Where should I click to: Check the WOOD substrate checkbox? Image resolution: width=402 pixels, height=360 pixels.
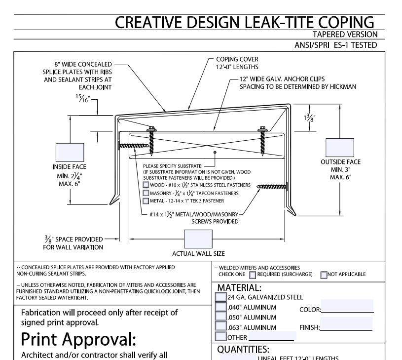(x=146, y=185)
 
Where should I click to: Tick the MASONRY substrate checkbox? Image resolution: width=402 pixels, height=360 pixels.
(x=146, y=193)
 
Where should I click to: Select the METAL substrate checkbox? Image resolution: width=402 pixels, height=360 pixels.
(x=146, y=201)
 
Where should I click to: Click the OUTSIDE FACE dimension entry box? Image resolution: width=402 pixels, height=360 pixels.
(x=340, y=147)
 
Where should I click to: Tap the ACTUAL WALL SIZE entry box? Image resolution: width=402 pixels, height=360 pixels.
(x=198, y=240)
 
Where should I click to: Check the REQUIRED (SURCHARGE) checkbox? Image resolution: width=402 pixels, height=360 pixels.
(x=253, y=275)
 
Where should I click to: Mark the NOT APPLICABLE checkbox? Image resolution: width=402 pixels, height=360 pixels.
(x=324, y=275)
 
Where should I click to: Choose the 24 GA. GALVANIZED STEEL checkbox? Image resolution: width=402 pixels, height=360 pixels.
(x=221, y=297)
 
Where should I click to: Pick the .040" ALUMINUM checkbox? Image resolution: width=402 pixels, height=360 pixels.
(x=221, y=307)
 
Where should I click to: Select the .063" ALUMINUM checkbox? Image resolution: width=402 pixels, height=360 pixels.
(x=221, y=327)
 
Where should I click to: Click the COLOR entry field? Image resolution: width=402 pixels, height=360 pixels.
(x=347, y=306)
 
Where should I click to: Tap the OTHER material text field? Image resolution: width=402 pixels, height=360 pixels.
(x=272, y=337)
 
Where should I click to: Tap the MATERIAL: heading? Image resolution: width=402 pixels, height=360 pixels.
(x=239, y=287)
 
